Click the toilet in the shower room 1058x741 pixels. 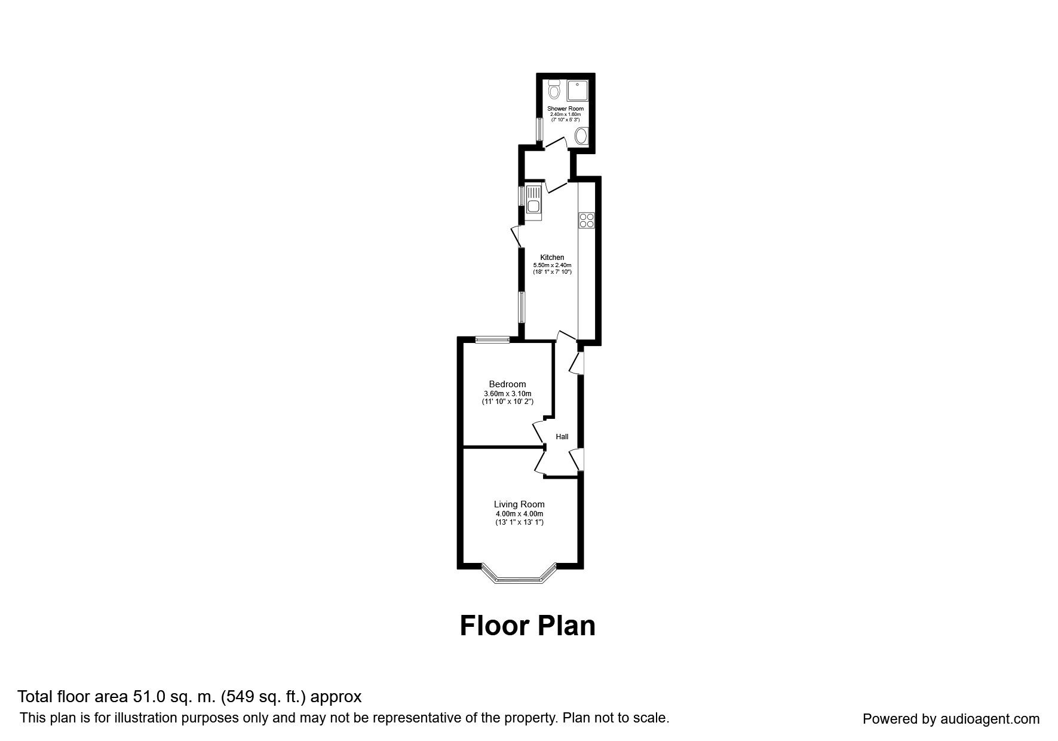(x=554, y=90)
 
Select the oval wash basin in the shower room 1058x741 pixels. (x=581, y=137)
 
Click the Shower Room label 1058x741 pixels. (x=565, y=109)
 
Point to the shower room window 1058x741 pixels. (x=539, y=128)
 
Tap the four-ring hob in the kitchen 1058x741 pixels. (x=586, y=220)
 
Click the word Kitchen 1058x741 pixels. (x=552, y=258)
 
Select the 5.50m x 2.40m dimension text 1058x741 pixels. (x=552, y=265)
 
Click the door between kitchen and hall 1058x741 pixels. (x=564, y=336)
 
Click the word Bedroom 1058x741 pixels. (x=507, y=384)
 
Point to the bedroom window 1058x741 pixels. (x=493, y=340)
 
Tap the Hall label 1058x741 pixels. (x=562, y=437)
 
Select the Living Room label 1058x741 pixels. (x=519, y=504)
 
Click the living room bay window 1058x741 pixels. (x=519, y=578)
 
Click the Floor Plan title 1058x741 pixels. (x=528, y=626)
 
